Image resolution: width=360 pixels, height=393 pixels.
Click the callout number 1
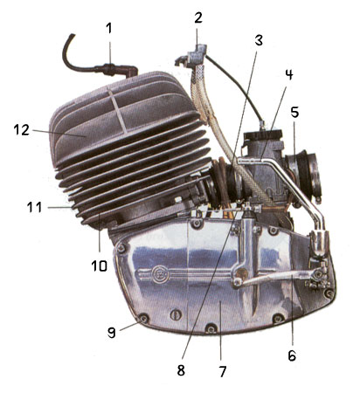coord(108,29)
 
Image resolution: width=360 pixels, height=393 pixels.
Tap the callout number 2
coord(198,18)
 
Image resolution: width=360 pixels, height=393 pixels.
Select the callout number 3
coord(259,40)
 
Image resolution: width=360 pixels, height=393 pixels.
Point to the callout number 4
coord(288,74)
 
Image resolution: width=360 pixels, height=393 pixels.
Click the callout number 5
coord(294,112)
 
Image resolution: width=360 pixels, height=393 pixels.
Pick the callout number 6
coord(292,355)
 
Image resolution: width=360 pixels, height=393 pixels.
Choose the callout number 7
coord(223,371)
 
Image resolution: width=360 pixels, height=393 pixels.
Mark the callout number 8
coord(181,370)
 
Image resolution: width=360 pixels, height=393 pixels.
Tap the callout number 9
coord(112,332)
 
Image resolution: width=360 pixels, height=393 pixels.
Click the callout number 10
coord(100,265)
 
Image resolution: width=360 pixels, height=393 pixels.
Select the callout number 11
coord(35,208)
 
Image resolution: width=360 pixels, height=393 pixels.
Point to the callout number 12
coord(22,130)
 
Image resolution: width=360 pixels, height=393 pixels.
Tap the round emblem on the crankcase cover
coord(161,274)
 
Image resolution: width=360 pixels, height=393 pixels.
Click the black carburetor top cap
coord(263,135)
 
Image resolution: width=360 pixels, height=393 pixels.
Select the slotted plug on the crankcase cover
coord(176,314)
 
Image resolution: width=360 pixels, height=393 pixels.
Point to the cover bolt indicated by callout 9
coord(143,319)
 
